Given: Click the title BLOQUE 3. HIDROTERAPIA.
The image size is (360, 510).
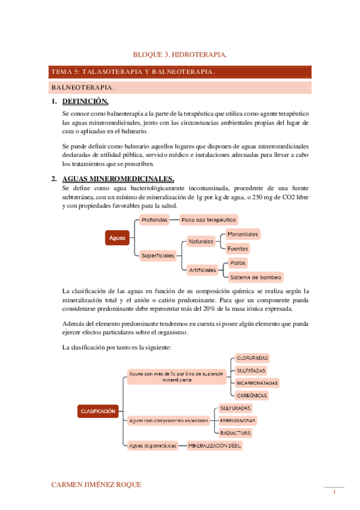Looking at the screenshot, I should (180, 55).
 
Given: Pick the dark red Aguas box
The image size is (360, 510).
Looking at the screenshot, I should (117, 238).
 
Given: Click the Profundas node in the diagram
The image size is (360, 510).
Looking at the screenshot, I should (154, 220).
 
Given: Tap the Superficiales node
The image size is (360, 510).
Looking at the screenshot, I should (158, 256).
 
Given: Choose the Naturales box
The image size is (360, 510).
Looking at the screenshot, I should (201, 241).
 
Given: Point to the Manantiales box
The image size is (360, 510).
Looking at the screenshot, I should (243, 234).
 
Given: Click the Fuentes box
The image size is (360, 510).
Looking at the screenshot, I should (237, 248).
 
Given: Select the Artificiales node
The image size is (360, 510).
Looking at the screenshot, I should (203, 270).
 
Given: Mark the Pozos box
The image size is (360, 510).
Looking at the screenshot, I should (237, 263).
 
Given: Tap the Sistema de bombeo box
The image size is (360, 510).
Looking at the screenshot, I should (255, 277).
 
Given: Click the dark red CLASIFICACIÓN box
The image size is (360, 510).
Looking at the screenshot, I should (97, 411).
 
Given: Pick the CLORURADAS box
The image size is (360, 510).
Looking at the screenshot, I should (252, 357).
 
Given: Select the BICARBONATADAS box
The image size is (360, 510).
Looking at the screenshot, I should (257, 382).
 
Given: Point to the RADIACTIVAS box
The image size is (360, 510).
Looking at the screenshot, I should (236, 433).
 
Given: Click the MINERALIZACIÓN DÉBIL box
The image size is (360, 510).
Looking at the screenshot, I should (215, 446).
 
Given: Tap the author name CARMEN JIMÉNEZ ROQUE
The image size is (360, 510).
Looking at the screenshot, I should (97, 484).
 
